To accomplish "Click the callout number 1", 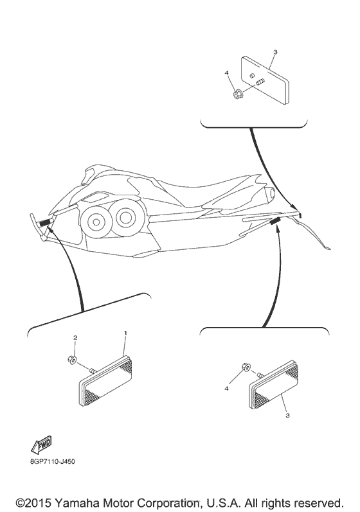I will (x=125, y=333).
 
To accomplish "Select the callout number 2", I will (x=75, y=337).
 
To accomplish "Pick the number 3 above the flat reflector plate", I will (x=275, y=51).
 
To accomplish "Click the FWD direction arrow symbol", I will (x=40, y=445).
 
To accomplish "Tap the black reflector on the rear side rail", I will (x=274, y=220).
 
